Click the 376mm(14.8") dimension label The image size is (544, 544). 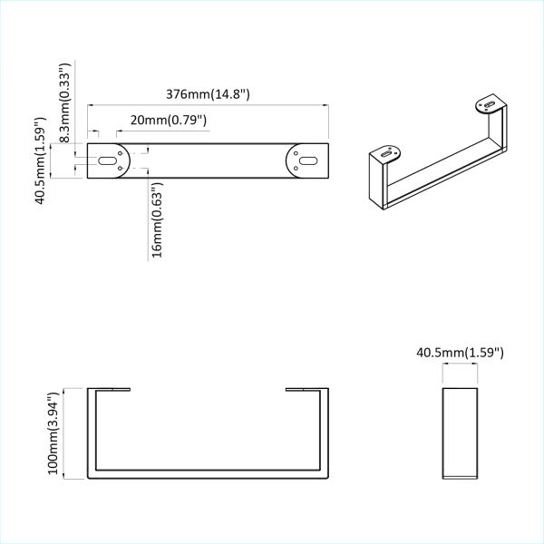pos(208,93)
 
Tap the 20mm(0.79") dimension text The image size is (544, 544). pos(169,120)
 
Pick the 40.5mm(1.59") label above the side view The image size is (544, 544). pos(460,351)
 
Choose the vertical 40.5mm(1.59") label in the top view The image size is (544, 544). pos(41,160)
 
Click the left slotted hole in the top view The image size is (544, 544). pos(109,160)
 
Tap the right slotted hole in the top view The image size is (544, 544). pos(306,160)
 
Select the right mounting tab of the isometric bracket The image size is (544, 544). pos(491,107)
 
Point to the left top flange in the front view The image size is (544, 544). pos(110,390)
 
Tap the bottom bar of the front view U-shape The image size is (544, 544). pos(208,475)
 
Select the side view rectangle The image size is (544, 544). pos(460,432)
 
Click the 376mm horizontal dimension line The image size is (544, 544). pos(208,105)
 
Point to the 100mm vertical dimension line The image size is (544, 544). pos(65,433)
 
